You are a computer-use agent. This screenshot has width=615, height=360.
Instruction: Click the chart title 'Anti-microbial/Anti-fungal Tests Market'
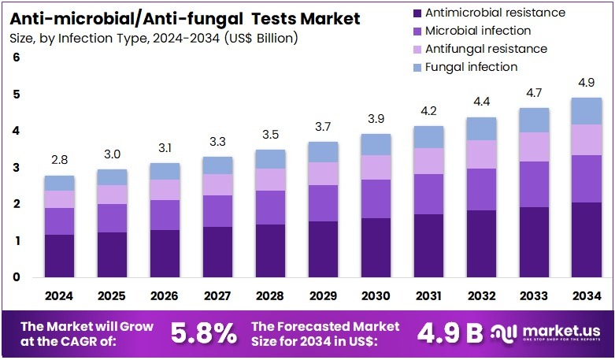coord(185,18)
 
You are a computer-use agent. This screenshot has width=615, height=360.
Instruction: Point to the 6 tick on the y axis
coord(16,58)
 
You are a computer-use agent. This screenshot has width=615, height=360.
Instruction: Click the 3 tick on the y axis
coord(16,168)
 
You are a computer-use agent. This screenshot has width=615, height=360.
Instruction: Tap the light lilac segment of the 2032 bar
coord(480,154)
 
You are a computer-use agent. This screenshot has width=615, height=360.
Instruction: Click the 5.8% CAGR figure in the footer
coord(204,333)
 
